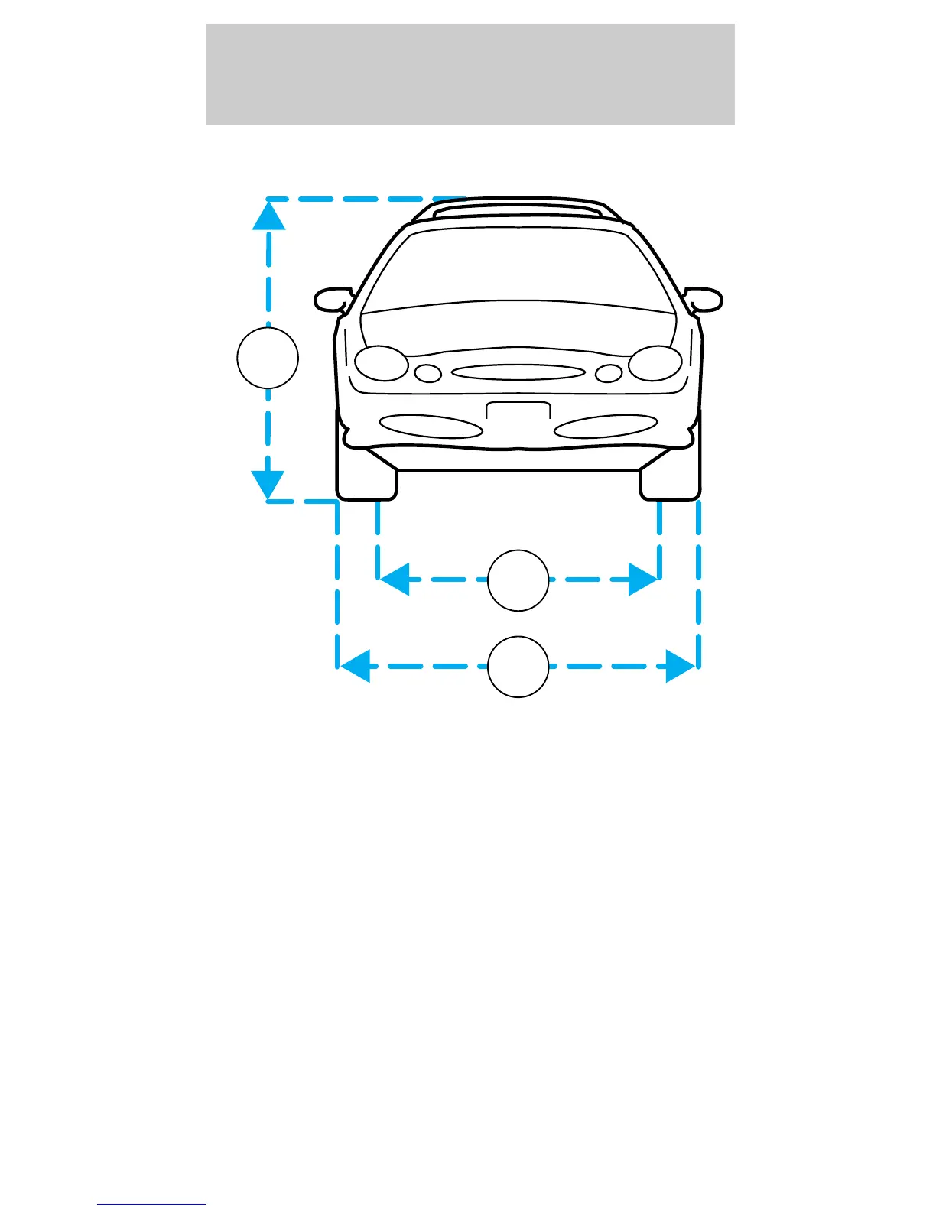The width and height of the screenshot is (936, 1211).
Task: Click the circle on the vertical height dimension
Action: click(268, 358)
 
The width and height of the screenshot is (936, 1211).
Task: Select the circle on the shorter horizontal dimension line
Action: click(518, 580)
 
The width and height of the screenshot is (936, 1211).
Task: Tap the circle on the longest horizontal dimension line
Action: click(518, 667)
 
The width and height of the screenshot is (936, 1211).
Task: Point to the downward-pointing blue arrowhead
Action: click(268, 485)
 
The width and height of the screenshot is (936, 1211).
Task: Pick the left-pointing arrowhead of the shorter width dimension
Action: click(395, 580)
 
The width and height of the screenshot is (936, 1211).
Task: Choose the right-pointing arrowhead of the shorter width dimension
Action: click(643, 580)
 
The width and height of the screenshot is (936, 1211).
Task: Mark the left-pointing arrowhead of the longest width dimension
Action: click(355, 666)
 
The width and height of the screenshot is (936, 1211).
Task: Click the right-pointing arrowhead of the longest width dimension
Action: click(681, 666)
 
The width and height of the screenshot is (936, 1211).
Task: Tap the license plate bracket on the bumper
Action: click(518, 411)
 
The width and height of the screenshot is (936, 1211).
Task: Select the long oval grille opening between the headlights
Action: click(518, 372)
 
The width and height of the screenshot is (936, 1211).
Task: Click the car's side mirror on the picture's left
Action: click(330, 300)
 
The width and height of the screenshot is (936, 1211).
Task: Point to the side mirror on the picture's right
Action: click(704, 299)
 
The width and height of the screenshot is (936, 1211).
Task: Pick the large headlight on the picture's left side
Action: click(382, 363)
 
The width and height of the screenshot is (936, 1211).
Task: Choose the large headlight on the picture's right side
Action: click(655, 363)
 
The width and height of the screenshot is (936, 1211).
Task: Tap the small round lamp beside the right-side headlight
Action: click(609, 374)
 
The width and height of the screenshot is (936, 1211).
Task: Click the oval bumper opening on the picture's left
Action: click(431, 426)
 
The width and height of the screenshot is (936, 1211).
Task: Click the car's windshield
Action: click(518, 268)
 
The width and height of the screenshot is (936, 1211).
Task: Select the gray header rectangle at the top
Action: click(470, 74)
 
